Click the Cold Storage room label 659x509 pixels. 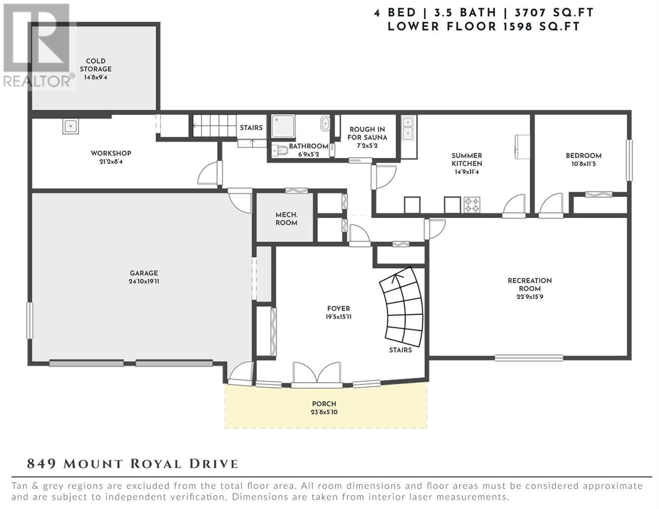point(95,65)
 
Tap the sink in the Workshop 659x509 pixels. point(70,126)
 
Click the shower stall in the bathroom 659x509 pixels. point(283,126)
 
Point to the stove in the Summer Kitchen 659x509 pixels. point(472,204)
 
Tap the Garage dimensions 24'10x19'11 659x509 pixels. point(144,281)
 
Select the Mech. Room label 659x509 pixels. point(286,218)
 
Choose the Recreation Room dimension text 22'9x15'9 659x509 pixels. point(530,297)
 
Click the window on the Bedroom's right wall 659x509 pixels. point(629,160)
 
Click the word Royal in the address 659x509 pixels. point(156,464)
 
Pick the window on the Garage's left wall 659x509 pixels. point(30,320)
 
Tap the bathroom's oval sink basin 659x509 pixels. point(325,123)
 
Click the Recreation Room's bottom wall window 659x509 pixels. point(529,358)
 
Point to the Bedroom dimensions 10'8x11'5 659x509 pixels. point(583,164)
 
